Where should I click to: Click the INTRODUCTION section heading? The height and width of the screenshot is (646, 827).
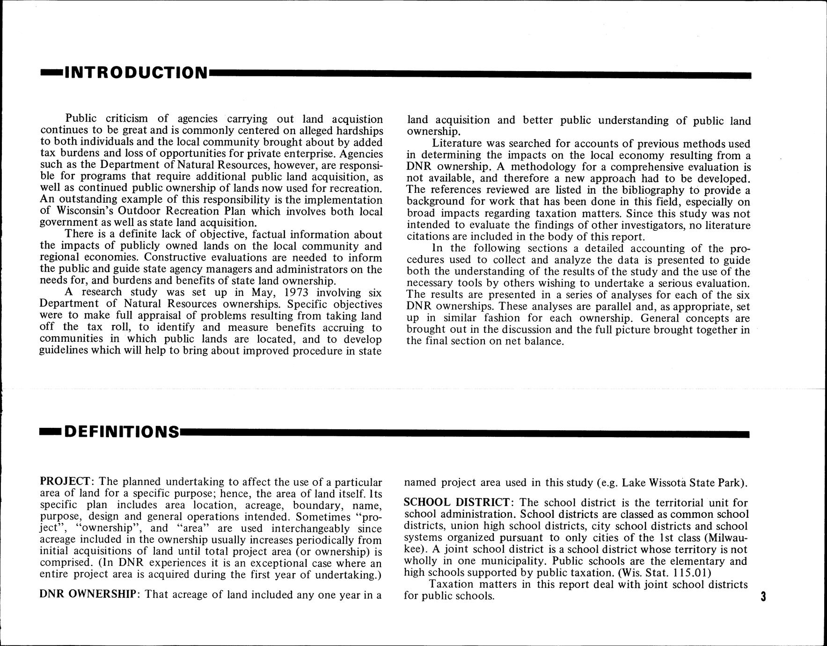(136, 73)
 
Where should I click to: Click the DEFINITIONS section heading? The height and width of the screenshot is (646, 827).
(121, 432)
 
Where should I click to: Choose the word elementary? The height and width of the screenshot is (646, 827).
(695, 561)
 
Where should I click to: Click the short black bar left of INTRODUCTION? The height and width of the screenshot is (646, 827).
(51, 73)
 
